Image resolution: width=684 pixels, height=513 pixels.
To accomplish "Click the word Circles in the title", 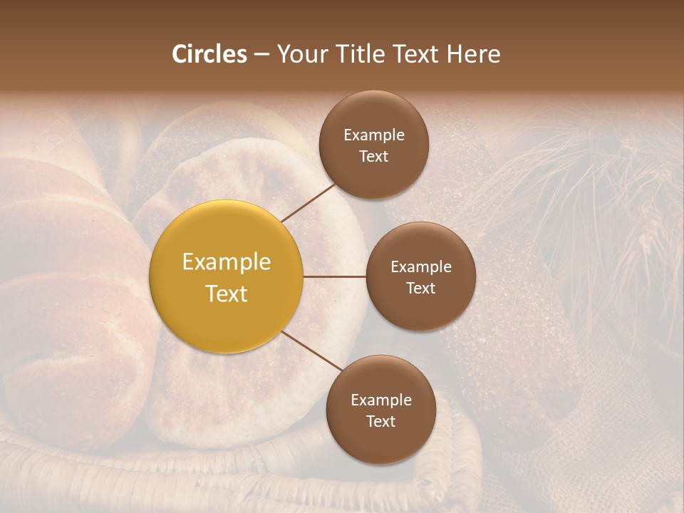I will [209, 54].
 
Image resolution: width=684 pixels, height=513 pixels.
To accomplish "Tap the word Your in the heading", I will [301, 54].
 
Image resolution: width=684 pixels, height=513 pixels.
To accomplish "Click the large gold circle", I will [226, 276].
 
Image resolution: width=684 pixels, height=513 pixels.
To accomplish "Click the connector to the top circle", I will [309, 202].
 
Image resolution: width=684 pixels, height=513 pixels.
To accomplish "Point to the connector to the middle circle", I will [335, 276].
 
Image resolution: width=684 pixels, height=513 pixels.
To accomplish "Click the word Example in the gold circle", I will [226, 262].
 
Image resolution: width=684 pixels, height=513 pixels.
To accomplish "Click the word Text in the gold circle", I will [226, 294].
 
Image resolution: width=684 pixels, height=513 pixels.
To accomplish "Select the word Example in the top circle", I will [373, 135].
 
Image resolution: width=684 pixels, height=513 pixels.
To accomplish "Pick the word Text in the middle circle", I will [420, 288].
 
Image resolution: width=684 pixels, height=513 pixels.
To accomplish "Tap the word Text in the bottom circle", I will [380, 421].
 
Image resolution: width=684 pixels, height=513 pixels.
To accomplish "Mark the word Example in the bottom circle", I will [380, 400].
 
